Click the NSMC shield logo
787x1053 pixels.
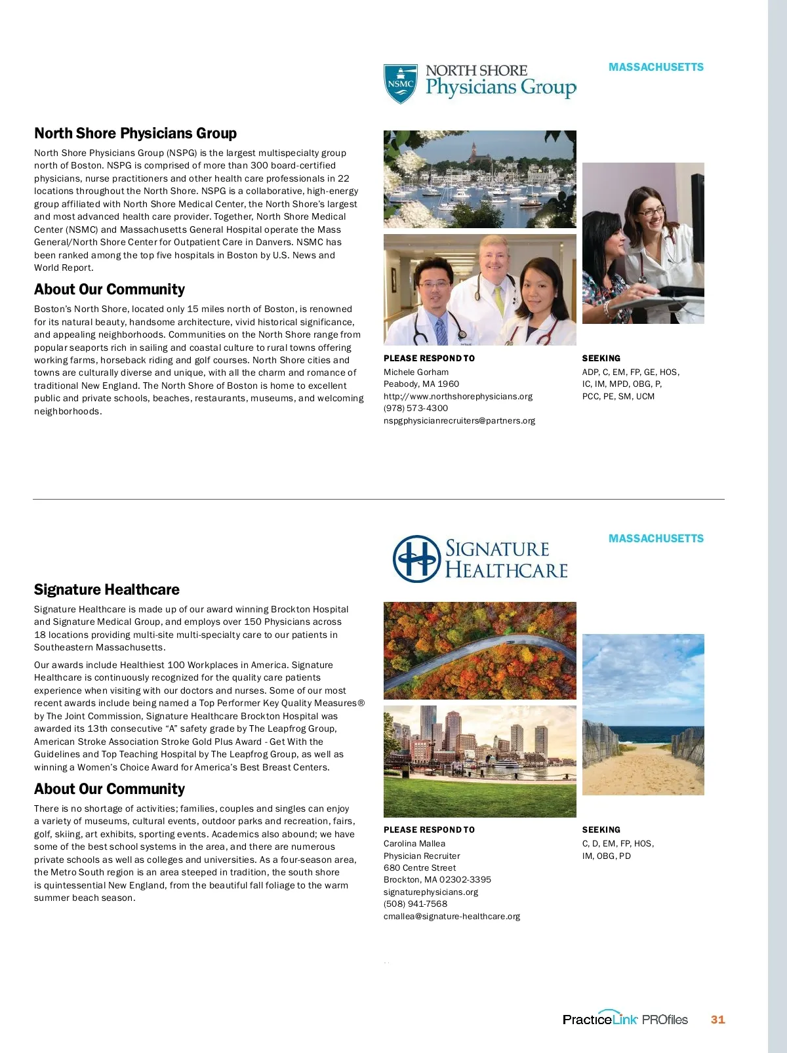point(400,84)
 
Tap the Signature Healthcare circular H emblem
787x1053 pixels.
point(416,559)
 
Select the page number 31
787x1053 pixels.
point(717,1020)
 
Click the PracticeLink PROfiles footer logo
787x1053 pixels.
point(625,1019)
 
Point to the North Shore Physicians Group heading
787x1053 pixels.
point(135,134)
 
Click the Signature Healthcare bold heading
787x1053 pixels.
point(107,589)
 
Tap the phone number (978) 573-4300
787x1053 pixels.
point(416,408)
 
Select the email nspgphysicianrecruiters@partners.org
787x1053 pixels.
point(459,421)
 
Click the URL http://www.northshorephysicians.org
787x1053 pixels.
point(458,397)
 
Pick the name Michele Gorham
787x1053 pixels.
point(416,372)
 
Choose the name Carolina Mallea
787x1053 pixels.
point(414,844)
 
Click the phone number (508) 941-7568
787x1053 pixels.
point(415,904)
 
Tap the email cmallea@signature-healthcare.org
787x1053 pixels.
point(451,917)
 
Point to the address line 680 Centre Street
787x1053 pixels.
point(420,868)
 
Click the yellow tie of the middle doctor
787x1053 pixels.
point(498,298)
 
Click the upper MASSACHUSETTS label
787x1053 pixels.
point(656,68)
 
